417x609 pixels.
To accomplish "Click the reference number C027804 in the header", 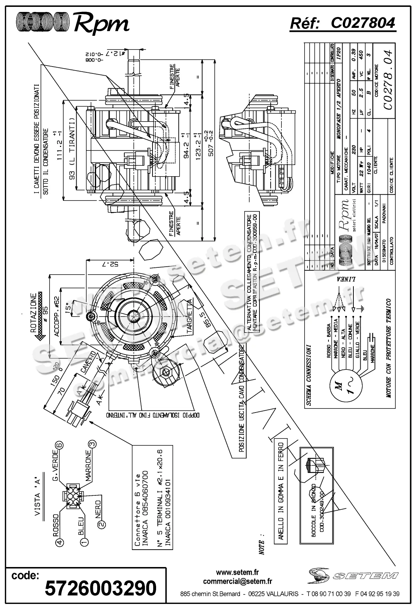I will pos(363,24).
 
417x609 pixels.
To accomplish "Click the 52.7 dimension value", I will pos(111,264).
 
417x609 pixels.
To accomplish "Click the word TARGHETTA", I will pos(190,316).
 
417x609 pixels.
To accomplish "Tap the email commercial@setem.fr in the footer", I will pos(237,581).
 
